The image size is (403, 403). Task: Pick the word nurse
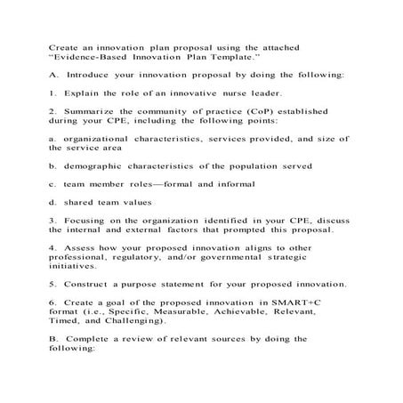point(238,93)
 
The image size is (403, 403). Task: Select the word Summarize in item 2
point(93,112)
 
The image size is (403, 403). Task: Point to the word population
point(258,165)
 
